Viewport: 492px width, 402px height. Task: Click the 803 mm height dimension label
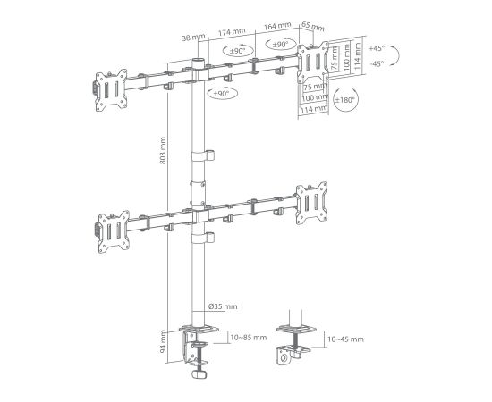pyautogui.click(x=163, y=151)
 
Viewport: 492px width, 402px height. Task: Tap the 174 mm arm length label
pyautogui.click(x=232, y=31)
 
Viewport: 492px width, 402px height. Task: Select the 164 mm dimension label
pyautogui.click(x=277, y=26)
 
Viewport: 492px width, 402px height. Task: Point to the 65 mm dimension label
pyautogui.click(x=313, y=27)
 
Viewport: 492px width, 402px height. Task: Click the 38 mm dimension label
pyautogui.click(x=193, y=38)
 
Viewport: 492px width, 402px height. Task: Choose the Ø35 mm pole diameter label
pyautogui.click(x=223, y=306)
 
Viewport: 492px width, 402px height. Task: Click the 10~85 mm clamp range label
pyautogui.click(x=249, y=338)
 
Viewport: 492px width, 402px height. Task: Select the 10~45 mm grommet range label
pyautogui.click(x=346, y=339)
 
